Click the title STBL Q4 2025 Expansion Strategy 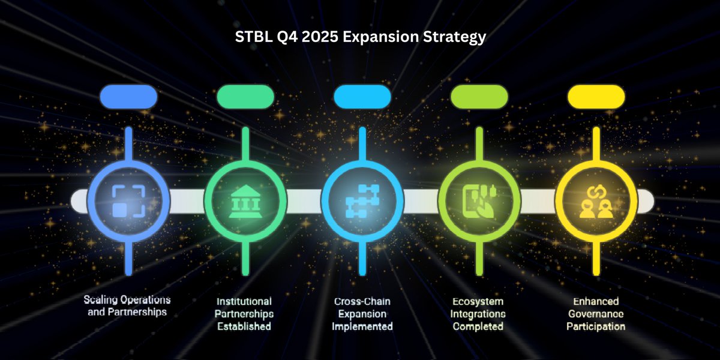tap(360, 37)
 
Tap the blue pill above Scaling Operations tap(128, 97)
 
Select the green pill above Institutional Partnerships tap(245, 97)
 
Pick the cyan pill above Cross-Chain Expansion tap(362, 97)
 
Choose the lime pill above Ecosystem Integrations tap(479, 97)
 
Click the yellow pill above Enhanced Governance tap(596, 97)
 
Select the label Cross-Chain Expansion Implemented tap(362, 313)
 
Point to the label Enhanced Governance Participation tap(596, 313)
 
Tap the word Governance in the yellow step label tap(596, 314)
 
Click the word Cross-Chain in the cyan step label tap(362, 301)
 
